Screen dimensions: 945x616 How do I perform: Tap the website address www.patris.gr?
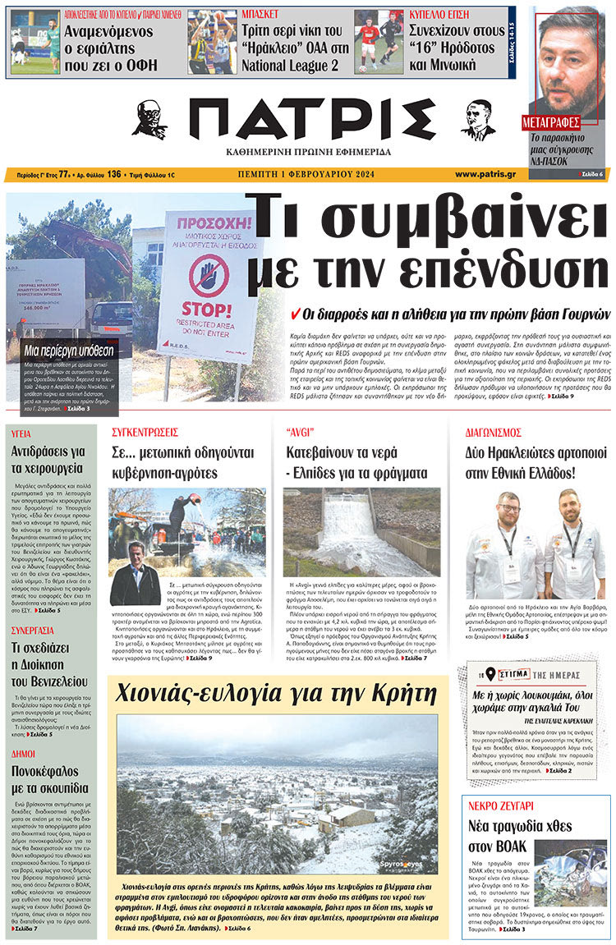tap(485, 174)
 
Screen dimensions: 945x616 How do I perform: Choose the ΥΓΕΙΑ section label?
tap(21, 432)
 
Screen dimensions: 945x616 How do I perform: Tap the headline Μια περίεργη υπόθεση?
tap(68, 351)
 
